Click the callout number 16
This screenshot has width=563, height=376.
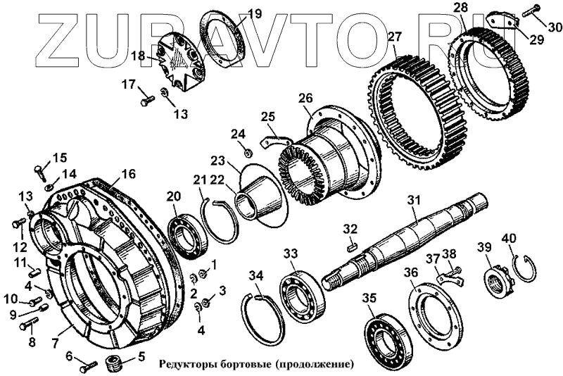(x=128, y=173)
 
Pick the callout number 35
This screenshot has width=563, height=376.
(x=369, y=298)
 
